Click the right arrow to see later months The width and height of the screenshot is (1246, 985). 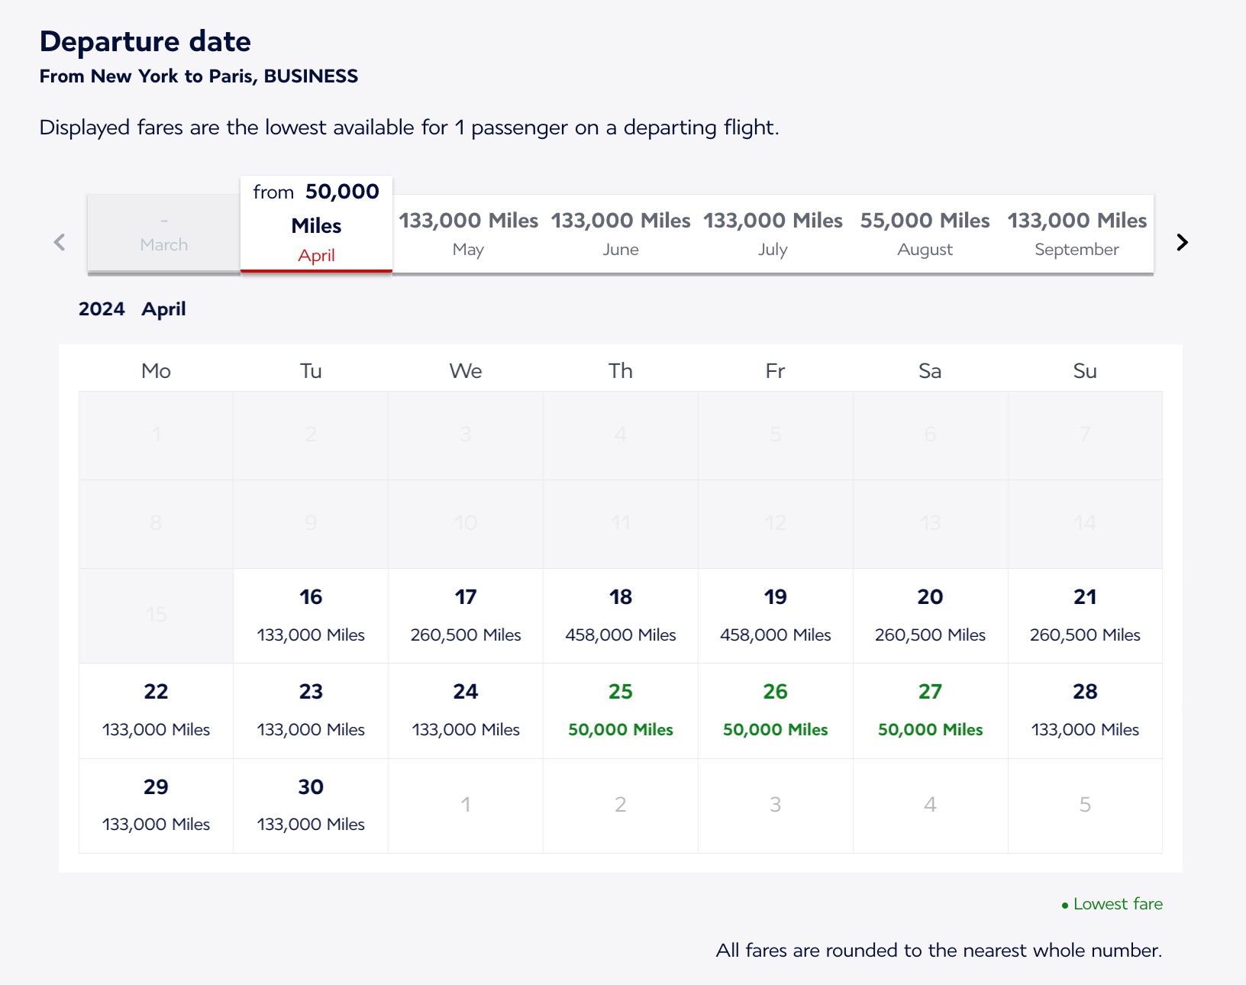tap(1182, 243)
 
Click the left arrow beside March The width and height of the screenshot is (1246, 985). tap(60, 243)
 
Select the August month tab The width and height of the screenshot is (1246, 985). tap(925, 234)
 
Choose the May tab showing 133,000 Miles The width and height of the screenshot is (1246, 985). tap(468, 234)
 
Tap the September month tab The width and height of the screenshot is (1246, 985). tap(1077, 234)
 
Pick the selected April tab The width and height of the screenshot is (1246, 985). tap(316, 224)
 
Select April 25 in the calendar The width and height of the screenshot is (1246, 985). tap(620, 709)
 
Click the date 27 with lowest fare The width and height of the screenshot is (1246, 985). tap(930, 709)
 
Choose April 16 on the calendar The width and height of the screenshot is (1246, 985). tap(311, 615)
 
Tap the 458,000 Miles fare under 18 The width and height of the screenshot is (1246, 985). tap(620, 635)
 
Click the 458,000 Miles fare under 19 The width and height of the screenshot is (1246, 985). tap(775, 635)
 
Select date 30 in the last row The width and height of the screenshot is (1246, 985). tap(311, 804)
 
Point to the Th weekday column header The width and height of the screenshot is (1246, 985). tap(620, 371)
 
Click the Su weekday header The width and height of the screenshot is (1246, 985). tap(1084, 371)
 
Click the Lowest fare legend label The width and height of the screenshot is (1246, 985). tap(1117, 904)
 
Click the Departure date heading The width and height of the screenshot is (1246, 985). tap(145, 41)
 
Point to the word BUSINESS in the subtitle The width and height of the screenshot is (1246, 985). tap(311, 76)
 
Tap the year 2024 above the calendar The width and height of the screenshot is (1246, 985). tap(102, 309)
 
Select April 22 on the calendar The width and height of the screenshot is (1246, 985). tap(156, 709)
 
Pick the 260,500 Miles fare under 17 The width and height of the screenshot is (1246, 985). tap(466, 635)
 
